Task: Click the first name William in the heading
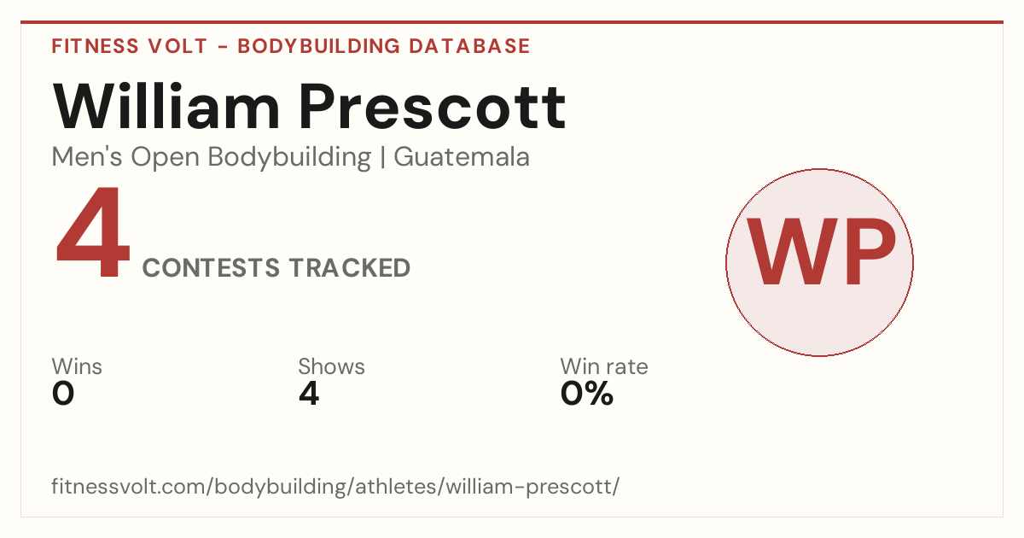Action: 166,106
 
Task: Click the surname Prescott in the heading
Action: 433,107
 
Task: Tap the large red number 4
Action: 93,231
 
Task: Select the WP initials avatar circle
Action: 820,262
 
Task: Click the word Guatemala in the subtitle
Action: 462,157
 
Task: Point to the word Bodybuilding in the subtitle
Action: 289,158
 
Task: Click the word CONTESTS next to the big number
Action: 211,267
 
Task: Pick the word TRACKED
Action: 350,267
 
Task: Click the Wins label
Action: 77,366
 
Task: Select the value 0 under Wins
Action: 63,394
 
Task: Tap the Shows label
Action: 331,366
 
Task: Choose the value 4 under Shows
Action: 309,394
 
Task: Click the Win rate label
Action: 604,366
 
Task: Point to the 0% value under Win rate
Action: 586,394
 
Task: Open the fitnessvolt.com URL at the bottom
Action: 335,487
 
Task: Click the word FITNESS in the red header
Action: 95,46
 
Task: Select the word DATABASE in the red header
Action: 469,46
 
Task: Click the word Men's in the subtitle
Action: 87,157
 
